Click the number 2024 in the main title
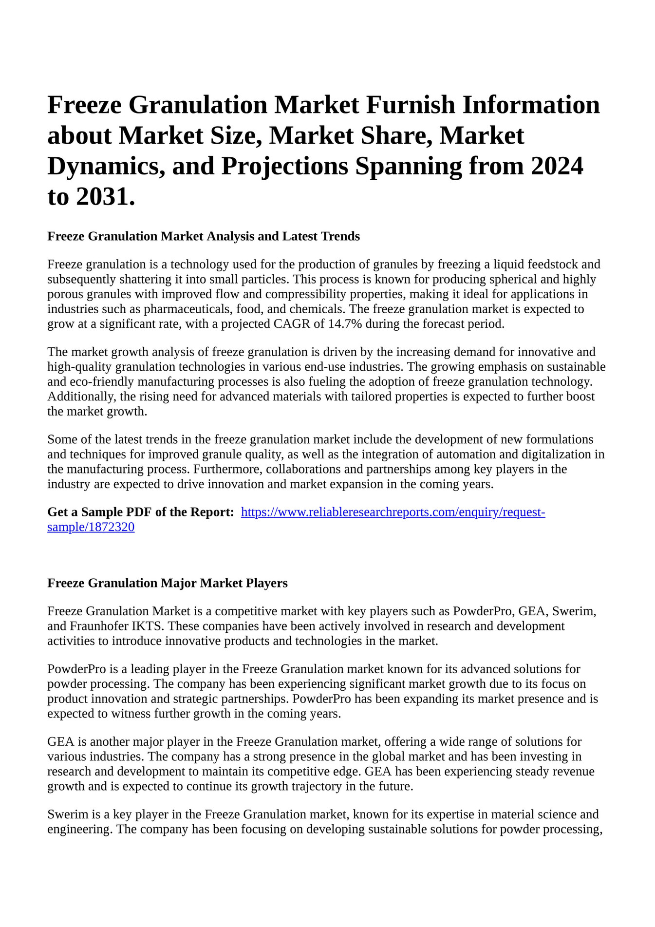(x=557, y=166)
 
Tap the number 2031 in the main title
(x=103, y=197)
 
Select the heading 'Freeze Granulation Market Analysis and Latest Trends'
(x=203, y=236)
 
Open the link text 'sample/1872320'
(x=91, y=527)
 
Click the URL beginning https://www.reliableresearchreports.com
(x=393, y=512)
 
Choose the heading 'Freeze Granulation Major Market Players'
(x=167, y=583)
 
